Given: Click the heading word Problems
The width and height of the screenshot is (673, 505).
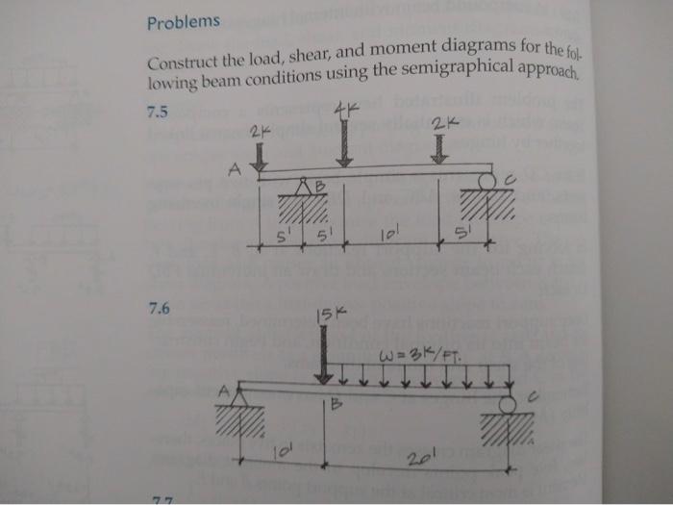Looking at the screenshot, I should pos(184,21).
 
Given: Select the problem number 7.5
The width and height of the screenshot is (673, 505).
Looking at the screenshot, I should pos(158,112).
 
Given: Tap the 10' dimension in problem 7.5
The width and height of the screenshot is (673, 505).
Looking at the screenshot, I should pos(386,234).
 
